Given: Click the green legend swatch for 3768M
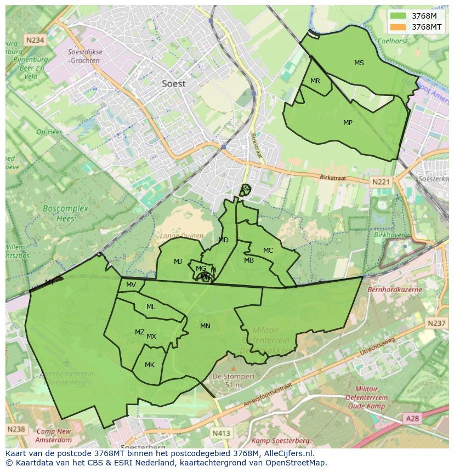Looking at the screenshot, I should (399, 16).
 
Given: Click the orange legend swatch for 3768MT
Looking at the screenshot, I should (399, 27).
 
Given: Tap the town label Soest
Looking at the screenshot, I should (174, 84).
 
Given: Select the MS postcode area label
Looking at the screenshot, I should (359, 63).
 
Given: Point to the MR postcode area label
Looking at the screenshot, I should (315, 81).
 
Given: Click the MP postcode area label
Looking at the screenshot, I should (348, 123).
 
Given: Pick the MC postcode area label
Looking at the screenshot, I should (268, 251).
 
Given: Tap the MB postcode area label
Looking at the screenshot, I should (249, 260).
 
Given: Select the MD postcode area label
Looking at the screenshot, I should (223, 240).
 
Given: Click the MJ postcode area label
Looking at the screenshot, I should (178, 261).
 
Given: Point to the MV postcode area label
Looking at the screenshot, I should (131, 285).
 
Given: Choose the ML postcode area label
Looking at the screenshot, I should (151, 307).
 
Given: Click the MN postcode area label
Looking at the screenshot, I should (205, 326).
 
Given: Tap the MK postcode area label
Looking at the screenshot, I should (150, 365).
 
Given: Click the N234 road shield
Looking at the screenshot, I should (35, 40).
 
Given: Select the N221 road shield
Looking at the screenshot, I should (380, 182).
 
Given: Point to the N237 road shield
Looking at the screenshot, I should (437, 323).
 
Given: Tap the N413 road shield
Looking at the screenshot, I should (222, 433).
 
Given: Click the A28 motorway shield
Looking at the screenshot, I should (412, 418).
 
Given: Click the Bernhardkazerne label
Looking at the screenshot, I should (395, 289).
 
